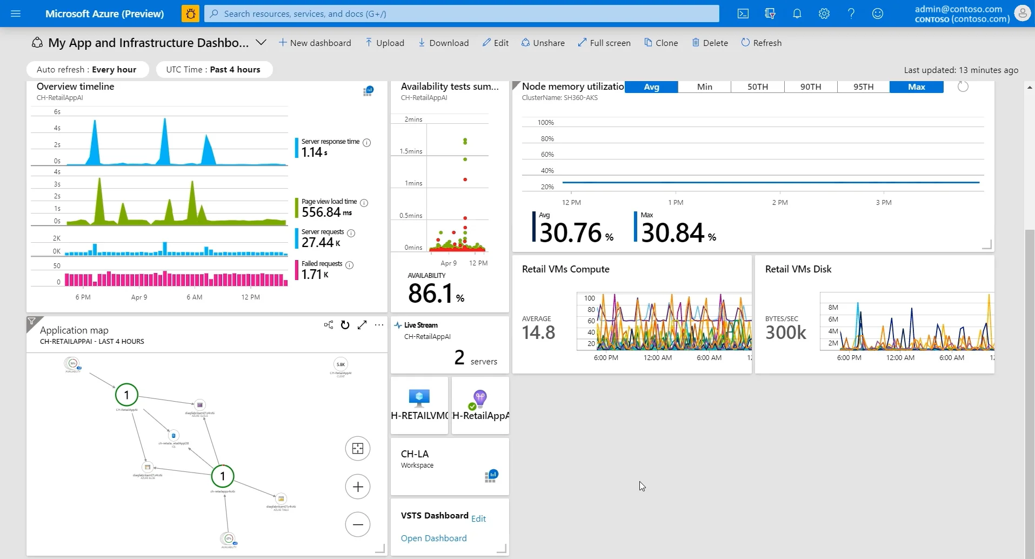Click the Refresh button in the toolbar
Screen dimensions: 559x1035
761,43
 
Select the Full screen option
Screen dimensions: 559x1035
604,43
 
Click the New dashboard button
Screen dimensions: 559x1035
315,43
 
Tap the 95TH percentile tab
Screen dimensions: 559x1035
863,87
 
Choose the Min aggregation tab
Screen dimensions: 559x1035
704,87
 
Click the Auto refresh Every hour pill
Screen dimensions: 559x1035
87,69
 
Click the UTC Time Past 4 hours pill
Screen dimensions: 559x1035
213,69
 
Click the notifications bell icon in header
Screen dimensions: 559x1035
797,14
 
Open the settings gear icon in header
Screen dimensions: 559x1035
824,14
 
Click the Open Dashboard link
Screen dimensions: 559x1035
433,538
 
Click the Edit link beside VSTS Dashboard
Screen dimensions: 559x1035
478,518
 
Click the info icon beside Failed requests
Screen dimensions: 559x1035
350,265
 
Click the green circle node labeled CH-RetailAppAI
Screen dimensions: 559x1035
126,395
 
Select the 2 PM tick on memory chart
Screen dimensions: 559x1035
779,202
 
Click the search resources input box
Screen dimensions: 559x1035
462,14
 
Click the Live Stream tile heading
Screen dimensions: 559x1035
420,325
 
